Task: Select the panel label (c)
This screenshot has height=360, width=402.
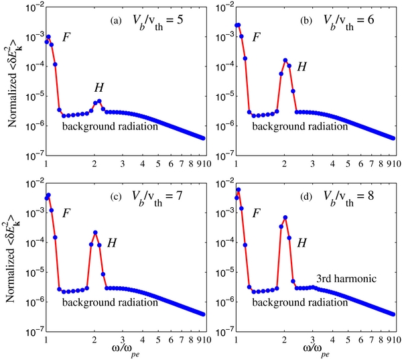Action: [x=116, y=195]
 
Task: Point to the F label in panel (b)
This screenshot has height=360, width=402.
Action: [x=257, y=38]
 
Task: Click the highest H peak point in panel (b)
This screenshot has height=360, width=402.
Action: [x=285, y=60]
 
